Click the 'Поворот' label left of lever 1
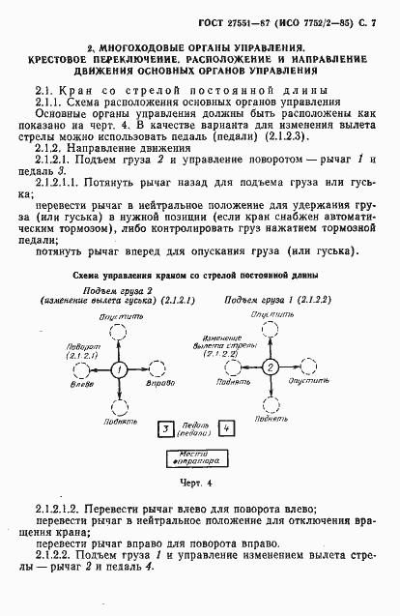click(x=77, y=345)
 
